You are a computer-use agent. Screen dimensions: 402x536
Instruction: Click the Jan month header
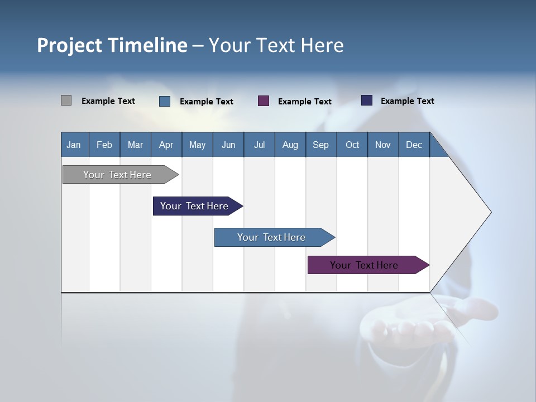pyautogui.click(x=74, y=145)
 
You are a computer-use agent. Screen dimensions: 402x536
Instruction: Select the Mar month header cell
pyautogui.click(x=135, y=145)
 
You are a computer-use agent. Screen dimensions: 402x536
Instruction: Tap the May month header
pyautogui.click(x=197, y=145)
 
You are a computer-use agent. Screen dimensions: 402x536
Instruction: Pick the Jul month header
pyautogui.click(x=259, y=145)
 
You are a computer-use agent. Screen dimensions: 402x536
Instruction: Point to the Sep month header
pyautogui.click(x=320, y=145)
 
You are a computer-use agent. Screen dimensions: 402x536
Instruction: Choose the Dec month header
pyautogui.click(x=414, y=145)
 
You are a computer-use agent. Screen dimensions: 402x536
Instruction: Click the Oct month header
pyautogui.click(x=352, y=145)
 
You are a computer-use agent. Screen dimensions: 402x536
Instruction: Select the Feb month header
pyautogui.click(x=104, y=145)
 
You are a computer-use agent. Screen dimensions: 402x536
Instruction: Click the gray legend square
pyautogui.click(x=66, y=100)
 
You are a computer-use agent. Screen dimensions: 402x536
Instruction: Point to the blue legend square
pyautogui.click(x=165, y=101)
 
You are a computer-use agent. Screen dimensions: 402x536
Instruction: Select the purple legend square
pyautogui.click(x=264, y=100)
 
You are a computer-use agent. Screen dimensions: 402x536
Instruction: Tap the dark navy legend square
pyautogui.click(x=367, y=100)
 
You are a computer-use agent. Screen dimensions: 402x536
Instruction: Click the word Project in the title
pyautogui.click(x=70, y=45)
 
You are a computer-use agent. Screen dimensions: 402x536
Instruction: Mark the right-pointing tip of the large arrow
pyautogui.click(x=490, y=212)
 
